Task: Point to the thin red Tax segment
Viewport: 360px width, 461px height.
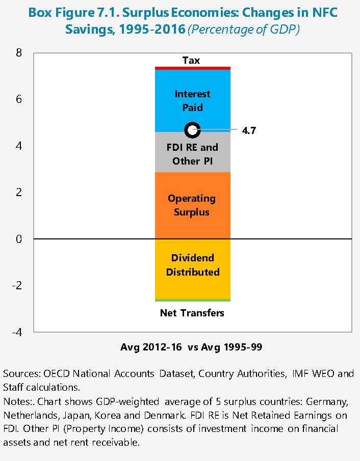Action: [193, 68]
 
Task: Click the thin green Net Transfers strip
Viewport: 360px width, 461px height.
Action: [193, 300]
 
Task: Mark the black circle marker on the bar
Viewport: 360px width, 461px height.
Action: [192, 130]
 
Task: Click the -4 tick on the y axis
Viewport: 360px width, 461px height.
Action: [16, 332]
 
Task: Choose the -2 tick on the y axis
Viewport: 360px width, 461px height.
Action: [16, 285]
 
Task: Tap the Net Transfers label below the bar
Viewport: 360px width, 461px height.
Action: [192, 313]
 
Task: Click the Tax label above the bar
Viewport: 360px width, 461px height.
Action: [191, 61]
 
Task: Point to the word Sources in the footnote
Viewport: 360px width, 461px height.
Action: [19, 374]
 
